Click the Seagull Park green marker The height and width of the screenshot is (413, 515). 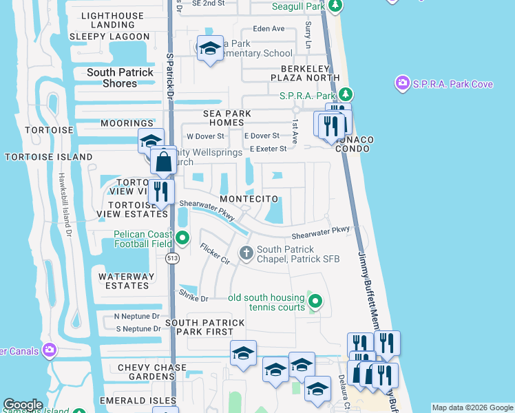coord(335,6)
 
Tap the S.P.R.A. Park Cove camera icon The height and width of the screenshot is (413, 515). coord(402,84)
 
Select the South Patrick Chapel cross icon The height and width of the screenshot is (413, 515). coord(246,254)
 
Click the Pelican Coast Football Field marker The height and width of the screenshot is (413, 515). coord(182,238)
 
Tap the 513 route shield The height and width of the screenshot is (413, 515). coord(171,257)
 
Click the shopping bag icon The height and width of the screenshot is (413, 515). coord(164,162)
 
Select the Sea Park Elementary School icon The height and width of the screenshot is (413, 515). coord(210,48)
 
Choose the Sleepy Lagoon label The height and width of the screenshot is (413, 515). coord(109,36)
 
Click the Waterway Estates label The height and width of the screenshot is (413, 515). coord(124,281)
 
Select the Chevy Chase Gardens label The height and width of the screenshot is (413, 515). coord(152,372)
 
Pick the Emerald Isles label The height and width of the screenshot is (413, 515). coord(134,400)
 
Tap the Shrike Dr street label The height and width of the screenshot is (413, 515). coord(194,297)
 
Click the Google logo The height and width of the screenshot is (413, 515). coord(23,405)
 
